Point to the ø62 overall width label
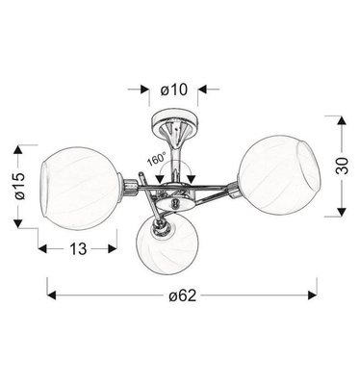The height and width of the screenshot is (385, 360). coord(182,295)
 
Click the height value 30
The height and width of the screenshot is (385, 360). coord(342,166)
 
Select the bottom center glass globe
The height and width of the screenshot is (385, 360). coord(169,245)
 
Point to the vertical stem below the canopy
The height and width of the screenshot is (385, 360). coord(174,159)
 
